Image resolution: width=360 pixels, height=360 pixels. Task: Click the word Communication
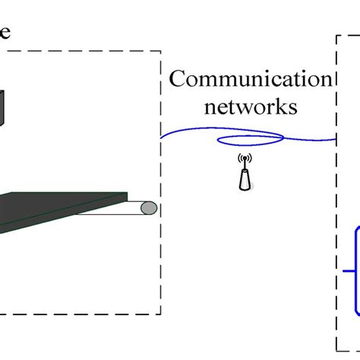[x=250, y=80]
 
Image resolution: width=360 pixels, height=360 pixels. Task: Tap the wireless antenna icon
[x=244, y=173]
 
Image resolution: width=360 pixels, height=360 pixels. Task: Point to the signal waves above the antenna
[x=244, y=160]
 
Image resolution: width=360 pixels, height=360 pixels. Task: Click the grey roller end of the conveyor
[x=150, y=207]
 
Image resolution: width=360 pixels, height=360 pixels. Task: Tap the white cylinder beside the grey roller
[x=137, y=207]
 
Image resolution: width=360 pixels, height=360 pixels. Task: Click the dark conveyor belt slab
[x=61, y=209]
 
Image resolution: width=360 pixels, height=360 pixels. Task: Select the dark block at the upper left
[x=3, y=106]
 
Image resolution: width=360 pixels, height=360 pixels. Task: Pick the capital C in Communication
[x=177, y=80]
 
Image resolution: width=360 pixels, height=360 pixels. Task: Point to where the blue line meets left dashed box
[x=161, y=136]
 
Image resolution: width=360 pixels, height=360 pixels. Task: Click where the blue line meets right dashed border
[x=336, y=139]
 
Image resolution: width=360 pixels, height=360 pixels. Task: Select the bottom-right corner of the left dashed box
[x=160, y=312]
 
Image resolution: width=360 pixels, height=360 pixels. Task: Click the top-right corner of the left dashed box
[x=160, y=52]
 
